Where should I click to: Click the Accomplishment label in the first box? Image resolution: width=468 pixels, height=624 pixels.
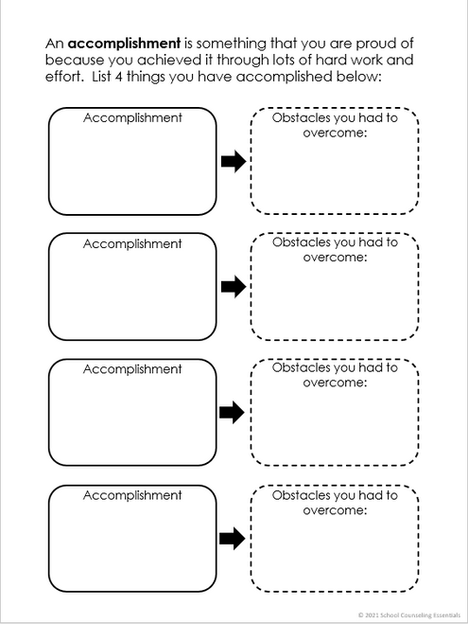[132, 117]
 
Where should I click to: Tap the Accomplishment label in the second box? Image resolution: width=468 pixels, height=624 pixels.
[132, 243]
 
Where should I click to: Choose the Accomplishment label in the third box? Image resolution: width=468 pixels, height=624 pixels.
[132, 369]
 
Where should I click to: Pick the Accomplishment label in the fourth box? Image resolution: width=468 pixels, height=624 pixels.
[132, 495]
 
